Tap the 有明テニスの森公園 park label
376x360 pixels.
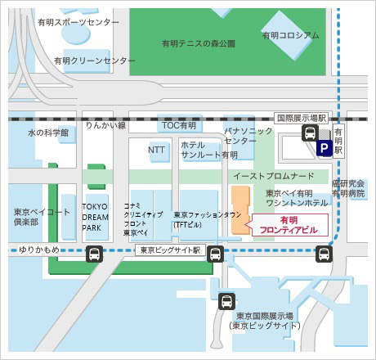tap(198, 43)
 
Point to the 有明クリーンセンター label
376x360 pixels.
tap(95, 61)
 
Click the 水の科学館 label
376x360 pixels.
tap(48, 132)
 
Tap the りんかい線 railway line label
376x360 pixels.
tap(105, 125)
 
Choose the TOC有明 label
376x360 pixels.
tap(179, 125)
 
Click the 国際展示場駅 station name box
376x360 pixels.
tap(301, 118)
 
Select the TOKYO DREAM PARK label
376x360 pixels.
tap(96, 218)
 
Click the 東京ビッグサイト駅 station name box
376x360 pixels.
tap(170, 250)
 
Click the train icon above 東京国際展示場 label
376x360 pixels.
tap(228, 302)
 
